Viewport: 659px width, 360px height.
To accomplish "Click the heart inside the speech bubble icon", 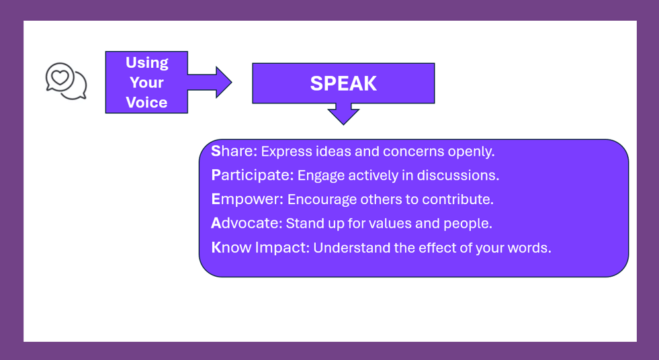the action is point(60,77).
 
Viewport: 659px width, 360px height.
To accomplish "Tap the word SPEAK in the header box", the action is point(343,83).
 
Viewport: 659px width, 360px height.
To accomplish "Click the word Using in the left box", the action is point(146,62).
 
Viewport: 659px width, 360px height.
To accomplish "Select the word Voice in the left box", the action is point(146,103).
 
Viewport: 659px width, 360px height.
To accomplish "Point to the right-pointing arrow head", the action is point(224,83).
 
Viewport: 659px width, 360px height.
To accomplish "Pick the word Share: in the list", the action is point(234,151).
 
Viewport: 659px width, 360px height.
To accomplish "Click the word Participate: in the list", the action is point(253,175).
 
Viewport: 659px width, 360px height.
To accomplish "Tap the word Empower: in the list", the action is point(247,199).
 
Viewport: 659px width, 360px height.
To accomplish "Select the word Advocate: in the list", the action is point(247,223).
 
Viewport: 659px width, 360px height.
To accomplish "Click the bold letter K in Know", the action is point(216,247).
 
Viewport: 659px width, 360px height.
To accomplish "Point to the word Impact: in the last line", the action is point(282,247).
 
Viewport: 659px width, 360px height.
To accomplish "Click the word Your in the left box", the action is point(146,83).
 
